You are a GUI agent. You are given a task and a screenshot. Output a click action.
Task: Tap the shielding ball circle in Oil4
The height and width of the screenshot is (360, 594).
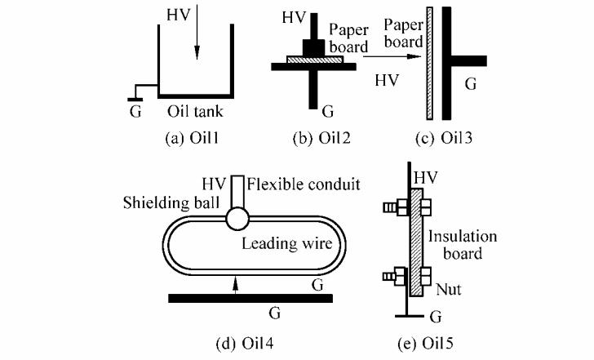pyautogui.click(x=237, y=219)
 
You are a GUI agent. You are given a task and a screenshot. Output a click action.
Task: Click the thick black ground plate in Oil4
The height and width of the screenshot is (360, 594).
pyautogui.click(x=250, y=298)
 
